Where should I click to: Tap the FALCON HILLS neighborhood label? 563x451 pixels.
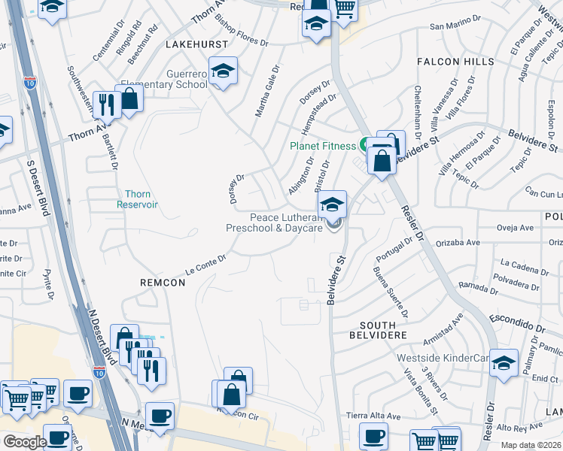(459, 62)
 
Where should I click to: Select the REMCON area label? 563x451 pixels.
(163, 282)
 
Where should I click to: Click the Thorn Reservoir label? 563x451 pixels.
(137, 198)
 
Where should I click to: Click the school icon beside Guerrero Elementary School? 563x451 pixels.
(223, 71)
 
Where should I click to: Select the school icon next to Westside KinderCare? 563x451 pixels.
(503, 363)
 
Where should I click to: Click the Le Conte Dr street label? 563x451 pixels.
(205, 265)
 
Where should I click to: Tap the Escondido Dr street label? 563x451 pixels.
(517, 324)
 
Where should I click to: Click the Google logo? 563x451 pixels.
(25, 442)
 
